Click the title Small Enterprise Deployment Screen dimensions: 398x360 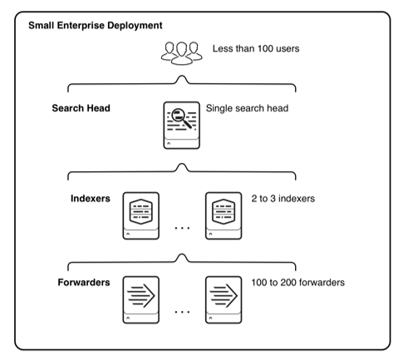[96, 26]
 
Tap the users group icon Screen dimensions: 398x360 [182, 53]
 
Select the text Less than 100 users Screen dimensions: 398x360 [256, 48]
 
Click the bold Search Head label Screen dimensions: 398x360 [81, 108]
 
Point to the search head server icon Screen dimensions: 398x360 [182, 126]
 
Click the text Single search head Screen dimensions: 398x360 [247, 108]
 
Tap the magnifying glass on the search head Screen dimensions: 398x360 [181, 118]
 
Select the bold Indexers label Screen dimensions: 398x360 [91, 199]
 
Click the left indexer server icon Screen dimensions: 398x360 [141, 215]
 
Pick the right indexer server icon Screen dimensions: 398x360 [224, 215]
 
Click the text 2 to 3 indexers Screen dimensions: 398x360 [283, 199]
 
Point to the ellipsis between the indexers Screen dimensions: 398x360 [182, 228]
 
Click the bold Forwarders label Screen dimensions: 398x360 [84, 283]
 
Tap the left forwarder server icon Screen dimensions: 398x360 [141, 299]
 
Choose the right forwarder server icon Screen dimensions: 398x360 [224, 299]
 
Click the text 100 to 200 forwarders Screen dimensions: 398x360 [298, 283]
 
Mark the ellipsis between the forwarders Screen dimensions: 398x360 [182, 312]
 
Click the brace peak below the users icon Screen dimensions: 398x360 [182, 76]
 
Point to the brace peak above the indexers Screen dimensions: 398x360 [182, 164]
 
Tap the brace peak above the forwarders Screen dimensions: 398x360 [182, 254]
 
